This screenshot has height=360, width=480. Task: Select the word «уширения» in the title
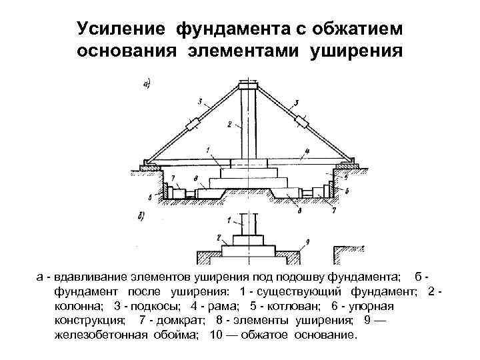(357, 51)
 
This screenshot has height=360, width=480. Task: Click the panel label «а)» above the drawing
(147, 83)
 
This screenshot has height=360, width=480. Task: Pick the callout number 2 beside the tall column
(228, 124)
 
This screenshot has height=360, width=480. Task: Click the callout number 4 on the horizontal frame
(305, 151)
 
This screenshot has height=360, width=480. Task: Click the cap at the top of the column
(248, 85)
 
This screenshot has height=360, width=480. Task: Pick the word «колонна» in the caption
(77, 306)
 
